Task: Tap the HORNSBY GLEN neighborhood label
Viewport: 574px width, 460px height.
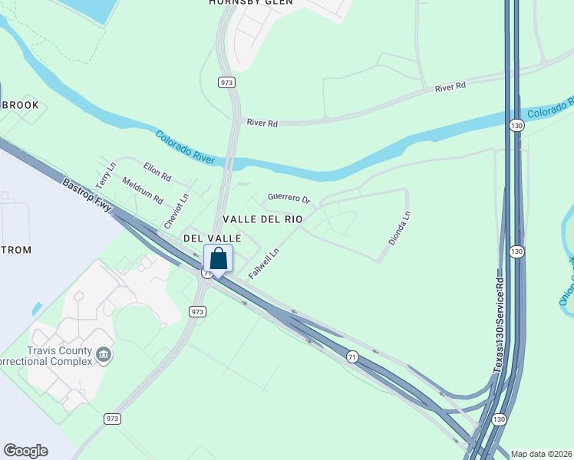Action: point(240,3)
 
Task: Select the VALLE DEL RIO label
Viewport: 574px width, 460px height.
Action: point(262,219)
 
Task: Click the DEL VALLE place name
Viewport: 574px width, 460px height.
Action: point(213,238)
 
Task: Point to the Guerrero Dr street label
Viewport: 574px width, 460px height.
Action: point(289,198)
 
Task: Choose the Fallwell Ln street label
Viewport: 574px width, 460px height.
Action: point(264,262)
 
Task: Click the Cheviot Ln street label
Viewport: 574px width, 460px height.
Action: point(176,211)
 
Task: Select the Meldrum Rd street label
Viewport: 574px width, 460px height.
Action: point(143,190)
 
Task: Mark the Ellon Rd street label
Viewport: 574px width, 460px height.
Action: point(157,172)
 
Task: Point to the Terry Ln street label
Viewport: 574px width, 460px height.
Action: point(105,176)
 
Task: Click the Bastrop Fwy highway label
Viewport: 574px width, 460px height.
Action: point(87,194)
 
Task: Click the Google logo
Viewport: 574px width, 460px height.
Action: point(26,451)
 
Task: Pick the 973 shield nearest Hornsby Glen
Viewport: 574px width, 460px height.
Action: point(226,82)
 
